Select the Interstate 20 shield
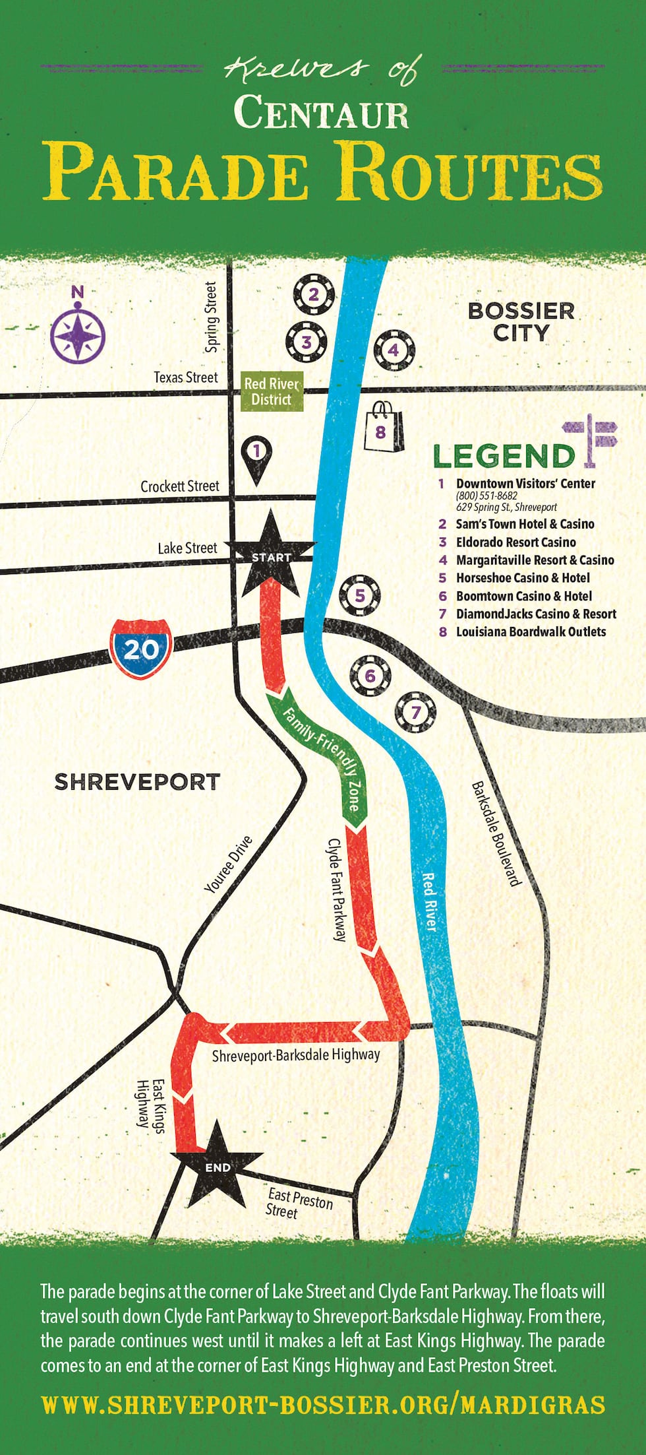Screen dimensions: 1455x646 click(x=141, y=649)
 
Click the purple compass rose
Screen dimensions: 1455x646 click(x=78, y=334)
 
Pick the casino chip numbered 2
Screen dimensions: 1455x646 click(x=314, y=294)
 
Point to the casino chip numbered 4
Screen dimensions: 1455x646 click(x=394, y=350)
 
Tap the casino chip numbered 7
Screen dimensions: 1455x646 click(x=415, y=712)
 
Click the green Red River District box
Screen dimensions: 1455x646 click(x=271, y=391)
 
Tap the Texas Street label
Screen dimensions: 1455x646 click(x=185, y=377)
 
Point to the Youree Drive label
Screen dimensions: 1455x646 click(x=229, y=864)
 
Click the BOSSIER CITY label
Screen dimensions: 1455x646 click(x=521, y=321)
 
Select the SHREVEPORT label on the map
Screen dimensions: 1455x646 click(x=136, y=782)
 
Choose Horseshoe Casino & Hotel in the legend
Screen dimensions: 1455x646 click(x=523, y=578)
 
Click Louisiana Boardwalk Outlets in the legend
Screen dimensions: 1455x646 click(x=531, y=631)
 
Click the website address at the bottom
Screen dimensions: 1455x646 click(x=322, y=1405)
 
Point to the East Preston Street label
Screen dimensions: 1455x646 click(x=298, y=1202)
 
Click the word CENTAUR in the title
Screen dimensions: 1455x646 click(x=322, y=112)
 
